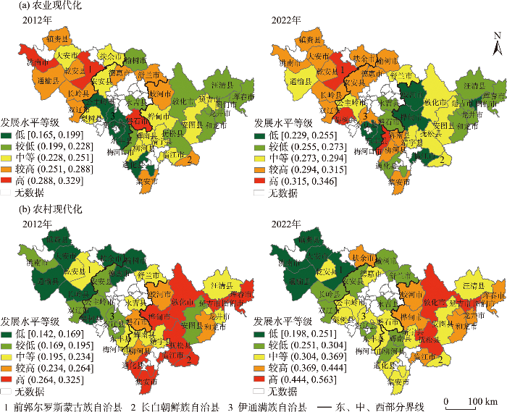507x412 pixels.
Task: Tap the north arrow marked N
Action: [x=495, y=48]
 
